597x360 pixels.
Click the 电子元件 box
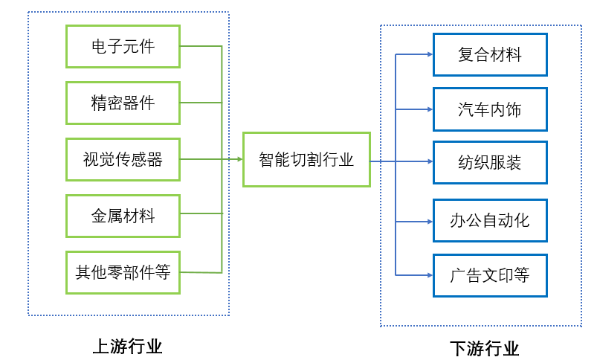(123, 46)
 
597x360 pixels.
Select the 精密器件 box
(123, 103)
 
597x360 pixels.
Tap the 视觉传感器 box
(123, 159)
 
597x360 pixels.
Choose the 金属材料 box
(123, 216)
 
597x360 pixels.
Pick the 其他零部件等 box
(123, 272)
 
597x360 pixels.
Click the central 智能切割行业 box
(306, 159)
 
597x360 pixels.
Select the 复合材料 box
(489, 54)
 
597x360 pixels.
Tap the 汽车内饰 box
(489, 109)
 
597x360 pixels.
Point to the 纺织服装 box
(489, 162)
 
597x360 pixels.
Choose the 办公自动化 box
(489, 220)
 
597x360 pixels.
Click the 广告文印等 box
(489, 275)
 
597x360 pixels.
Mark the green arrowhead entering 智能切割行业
(238, 159)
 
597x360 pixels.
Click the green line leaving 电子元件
(201, 46)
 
